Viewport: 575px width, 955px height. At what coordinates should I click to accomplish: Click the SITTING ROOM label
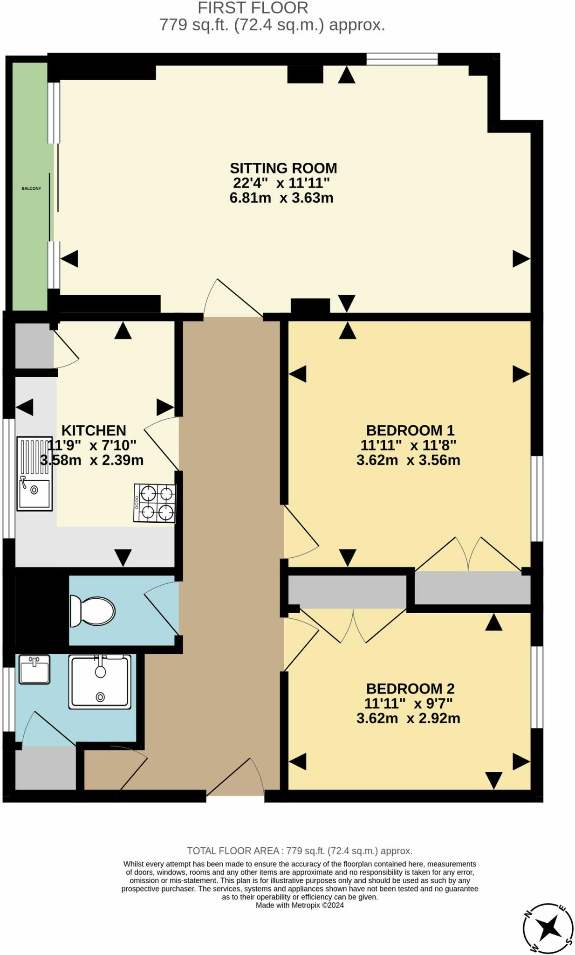(x=283, y=168)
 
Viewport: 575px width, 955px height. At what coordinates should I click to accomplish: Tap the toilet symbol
(x=92, y=611)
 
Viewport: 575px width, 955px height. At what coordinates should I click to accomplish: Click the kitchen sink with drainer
(x=34, y=473)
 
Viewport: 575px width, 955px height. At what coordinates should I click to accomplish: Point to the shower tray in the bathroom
(x=100, y=682)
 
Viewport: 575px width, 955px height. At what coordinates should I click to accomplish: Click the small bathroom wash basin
(x=34, y=670)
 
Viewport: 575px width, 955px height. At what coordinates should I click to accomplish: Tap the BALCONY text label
(x=31, y=188)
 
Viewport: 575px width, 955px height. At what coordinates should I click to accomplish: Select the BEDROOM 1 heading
(x=410, y=430)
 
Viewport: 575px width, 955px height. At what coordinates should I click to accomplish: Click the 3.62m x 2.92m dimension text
(x=408, y=718)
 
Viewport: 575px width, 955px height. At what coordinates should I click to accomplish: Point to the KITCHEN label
(x=94, y=430)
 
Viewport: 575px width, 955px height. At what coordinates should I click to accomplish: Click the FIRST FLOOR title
(x=253, y=8)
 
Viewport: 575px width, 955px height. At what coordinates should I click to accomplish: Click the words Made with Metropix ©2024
(x=300, y=905)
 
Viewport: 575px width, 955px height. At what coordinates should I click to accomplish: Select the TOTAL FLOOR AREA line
(x=300, y=851)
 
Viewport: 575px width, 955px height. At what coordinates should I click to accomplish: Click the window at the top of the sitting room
(x=402, y=59)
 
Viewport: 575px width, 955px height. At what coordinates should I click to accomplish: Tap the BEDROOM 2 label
(x=410, y=688)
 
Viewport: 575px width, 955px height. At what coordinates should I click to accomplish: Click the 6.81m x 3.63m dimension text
(x=281, y=198)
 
